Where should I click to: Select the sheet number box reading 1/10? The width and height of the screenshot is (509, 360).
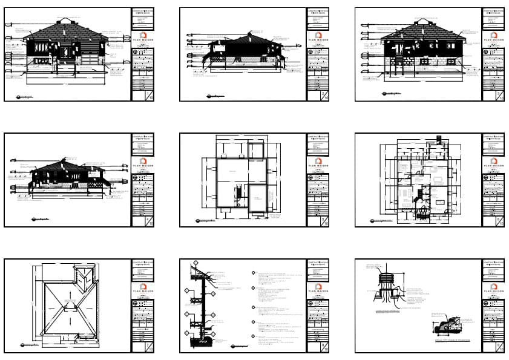click(x=149, y=96)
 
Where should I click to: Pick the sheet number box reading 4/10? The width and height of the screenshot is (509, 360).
click(x=149, y=221)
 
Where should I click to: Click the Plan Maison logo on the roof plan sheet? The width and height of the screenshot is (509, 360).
click(x=142, y=286)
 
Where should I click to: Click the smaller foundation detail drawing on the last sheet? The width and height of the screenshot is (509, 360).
click(x=448, y=327)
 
